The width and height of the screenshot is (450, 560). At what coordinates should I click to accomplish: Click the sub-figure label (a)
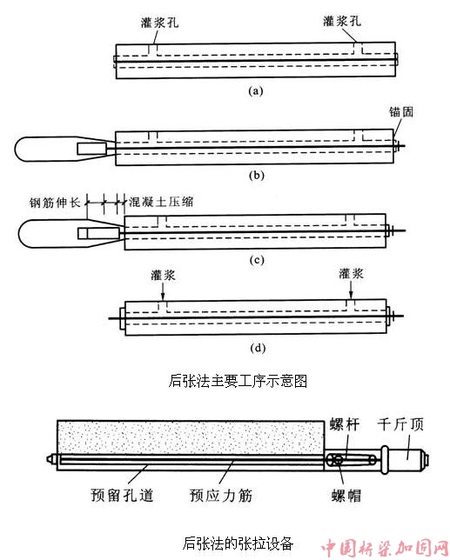(256, 91)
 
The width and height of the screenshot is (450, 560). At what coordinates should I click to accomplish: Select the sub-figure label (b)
(256, 176)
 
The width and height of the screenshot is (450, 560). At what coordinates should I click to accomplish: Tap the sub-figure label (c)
(257, 260)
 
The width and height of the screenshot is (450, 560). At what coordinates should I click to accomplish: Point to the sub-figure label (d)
(258, 348)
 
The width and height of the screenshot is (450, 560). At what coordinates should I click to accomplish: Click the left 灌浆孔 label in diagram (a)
(159, 23)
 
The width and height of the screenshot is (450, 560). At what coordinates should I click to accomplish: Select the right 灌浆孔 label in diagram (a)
(342, 21)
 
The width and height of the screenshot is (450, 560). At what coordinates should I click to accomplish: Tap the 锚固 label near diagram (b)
(401, 112)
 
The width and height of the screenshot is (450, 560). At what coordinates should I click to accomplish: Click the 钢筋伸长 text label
(55, 203)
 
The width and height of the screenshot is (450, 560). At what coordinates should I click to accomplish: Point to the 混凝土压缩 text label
(161, 202)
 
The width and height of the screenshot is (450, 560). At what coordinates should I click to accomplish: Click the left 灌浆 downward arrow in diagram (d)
(163, 292)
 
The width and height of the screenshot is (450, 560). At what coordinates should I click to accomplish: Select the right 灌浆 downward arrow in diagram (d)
(351, 290)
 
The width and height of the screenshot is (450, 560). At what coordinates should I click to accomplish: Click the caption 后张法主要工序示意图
(238, 381)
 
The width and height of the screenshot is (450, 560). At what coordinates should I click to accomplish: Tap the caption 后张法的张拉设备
(238, 543)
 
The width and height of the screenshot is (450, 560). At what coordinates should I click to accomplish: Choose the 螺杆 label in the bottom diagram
(344, 424)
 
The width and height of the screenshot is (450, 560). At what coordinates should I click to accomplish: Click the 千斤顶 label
(400, 424)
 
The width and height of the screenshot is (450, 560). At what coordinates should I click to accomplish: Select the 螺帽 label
(346, 496)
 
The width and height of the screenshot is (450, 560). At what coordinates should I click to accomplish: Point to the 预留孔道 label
(122, 496)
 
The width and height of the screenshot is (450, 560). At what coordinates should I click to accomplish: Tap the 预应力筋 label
(221, 496)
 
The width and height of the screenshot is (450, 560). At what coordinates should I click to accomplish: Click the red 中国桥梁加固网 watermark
(384, 547)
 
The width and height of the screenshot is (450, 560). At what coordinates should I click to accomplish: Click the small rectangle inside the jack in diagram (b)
(92, 149)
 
